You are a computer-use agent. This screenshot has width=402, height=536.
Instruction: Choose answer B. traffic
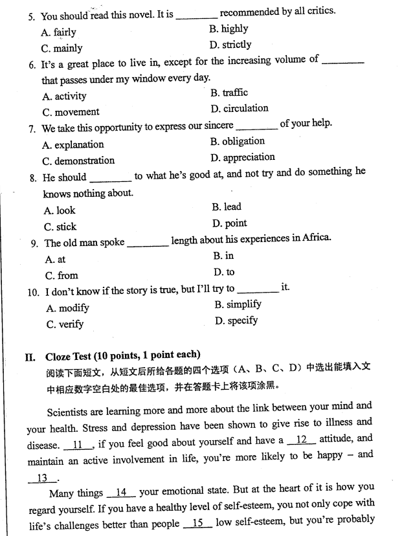tap(229, 93)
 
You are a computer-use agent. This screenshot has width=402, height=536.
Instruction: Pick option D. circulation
tap(239, 108)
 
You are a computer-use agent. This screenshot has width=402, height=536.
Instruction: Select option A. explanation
tap(73, 144)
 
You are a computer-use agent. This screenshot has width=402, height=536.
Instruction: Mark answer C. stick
tap(60, 227)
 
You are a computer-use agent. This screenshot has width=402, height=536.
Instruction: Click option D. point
tap(229, 223)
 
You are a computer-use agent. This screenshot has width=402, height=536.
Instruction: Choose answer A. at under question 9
tap(55, 259)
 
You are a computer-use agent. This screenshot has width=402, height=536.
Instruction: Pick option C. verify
tap(65, 324)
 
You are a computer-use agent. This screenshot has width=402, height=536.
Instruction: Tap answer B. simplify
tap(238, 304)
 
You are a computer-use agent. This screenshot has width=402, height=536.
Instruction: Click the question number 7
tap(32, 128)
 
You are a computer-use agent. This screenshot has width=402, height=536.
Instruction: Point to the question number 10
tap(34, 292)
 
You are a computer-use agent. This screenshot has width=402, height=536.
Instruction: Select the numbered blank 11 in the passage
tap(78, 445)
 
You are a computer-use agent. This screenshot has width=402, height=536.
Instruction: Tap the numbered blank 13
tap(43, 478)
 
